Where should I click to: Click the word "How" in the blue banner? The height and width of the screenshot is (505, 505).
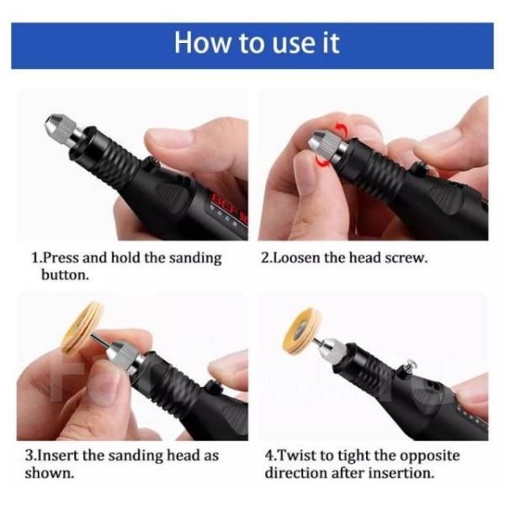click(202, 43)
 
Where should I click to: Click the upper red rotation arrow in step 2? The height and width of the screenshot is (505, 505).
click(341, 129)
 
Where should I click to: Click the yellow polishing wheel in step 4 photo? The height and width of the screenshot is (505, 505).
click(301, 331)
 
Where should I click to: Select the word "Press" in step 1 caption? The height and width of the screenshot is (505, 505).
click(61, 258)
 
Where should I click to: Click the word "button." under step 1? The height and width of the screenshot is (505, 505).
click(65, 275)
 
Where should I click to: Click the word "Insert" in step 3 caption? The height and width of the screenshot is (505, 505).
click(60, 455)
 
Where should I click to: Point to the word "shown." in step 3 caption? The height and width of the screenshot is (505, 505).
click(50, 473)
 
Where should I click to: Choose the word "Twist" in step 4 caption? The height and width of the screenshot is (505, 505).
click(296, 455)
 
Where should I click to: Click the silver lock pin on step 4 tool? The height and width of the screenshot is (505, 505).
click(409, 366)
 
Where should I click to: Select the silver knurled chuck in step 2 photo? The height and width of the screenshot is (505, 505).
click(327, 145)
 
